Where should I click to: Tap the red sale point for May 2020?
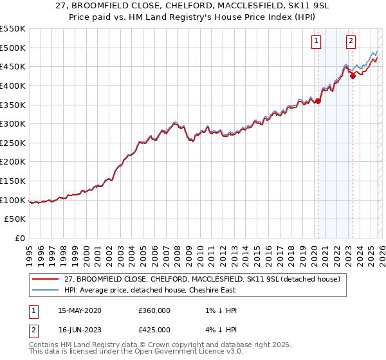(x=318, y=100)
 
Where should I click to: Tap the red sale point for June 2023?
(x=353, y=76)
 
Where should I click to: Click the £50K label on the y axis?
(x=15, y=219)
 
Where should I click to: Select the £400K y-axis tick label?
(x=13, y=85)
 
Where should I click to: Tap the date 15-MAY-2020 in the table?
(x=79, y=310)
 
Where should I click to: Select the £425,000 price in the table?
(x=154, y=330)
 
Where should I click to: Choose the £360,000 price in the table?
(x=154, y=310)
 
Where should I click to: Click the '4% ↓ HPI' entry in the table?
(x=219, y=330)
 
